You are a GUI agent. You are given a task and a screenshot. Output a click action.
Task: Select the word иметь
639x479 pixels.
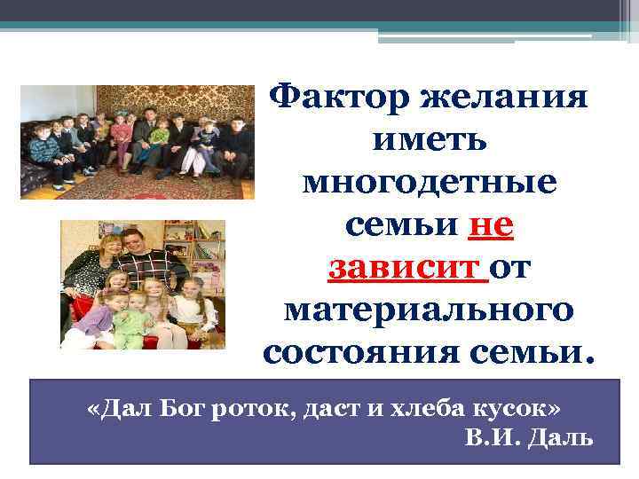[429, 139]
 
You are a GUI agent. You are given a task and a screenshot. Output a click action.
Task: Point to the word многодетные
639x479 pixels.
[430, 183]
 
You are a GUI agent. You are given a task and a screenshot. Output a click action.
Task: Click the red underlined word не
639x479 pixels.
[490, 225]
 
